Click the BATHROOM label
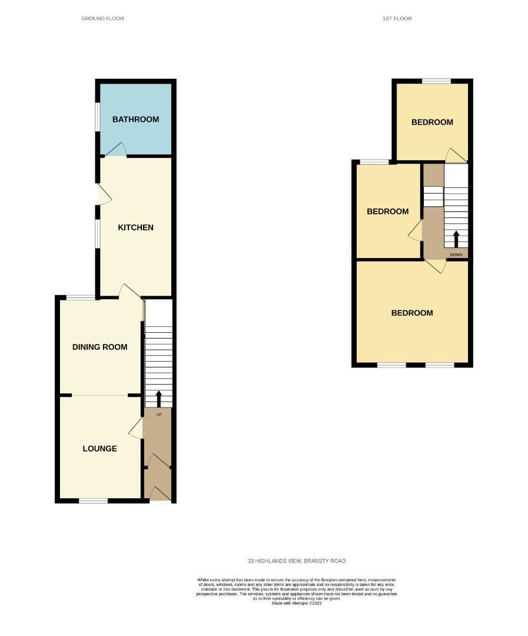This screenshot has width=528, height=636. click(x=135, y=120)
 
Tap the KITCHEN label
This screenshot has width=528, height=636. click(x=135, y=227)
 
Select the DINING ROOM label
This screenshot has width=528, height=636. click(x=99, y=347)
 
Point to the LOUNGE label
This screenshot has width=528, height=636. click(x=99, y=449)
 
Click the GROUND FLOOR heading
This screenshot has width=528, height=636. click(x=102, y=19)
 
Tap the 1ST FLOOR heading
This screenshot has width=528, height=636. click(x=397, y=19)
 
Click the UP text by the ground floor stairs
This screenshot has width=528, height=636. click(x=158, y=415)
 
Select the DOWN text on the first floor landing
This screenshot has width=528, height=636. click(x=456, y=255)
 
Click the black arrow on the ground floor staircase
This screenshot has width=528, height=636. click(x=158, y=399)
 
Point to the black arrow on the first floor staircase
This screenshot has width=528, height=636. click(x=456, y=239)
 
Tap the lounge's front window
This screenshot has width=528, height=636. click(x=94, y=501)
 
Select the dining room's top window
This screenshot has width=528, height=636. click(x=80, y=297)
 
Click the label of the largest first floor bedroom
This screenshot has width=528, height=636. click(x=412, y=313)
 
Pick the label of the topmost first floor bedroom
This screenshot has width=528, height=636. click(x=432, y=122)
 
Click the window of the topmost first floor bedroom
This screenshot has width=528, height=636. click(x=436, y=81)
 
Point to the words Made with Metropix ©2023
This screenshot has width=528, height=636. click(x=296, y=603)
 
